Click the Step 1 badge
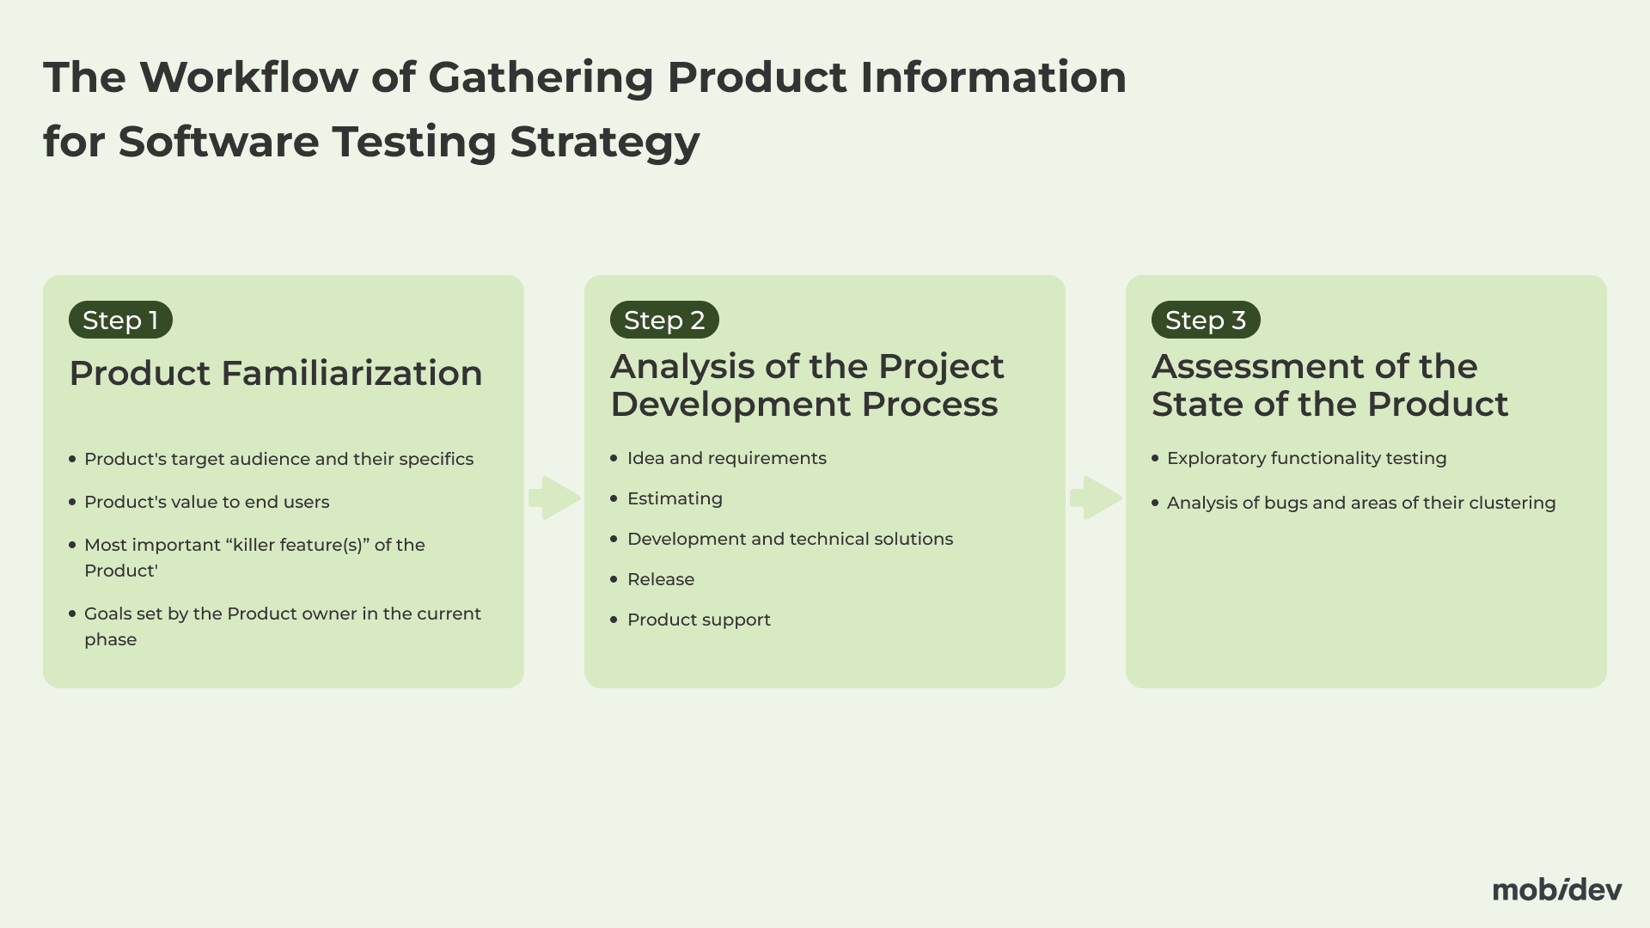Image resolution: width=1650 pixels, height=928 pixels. pos(120,320)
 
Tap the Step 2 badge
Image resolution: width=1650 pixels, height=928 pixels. pos(664,320)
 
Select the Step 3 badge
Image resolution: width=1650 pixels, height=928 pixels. pos(1206,320)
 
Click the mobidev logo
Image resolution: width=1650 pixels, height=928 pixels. pos(1557,889)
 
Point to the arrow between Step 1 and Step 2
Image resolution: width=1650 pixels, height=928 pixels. pos(554,498)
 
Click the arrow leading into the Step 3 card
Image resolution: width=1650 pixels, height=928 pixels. pos(1096,498)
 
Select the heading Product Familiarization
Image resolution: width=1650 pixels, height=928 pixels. pos(276,373)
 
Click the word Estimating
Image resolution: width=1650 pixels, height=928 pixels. pos(675,499)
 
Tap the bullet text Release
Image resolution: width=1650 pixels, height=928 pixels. pos(661,579)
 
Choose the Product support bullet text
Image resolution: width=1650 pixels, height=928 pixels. pos(699,620)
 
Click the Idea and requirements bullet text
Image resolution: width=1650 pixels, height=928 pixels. pos(727,459)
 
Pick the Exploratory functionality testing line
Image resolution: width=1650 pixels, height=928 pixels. pos(1306,459)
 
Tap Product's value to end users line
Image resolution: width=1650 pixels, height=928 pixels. pos(206,503)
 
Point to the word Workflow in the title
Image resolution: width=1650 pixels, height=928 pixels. pos(249,77)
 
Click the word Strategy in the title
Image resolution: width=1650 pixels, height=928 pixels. pos(605,143)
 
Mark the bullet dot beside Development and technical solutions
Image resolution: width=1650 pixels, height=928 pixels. pos(614,539)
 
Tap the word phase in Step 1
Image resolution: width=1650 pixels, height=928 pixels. pos(110,640)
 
